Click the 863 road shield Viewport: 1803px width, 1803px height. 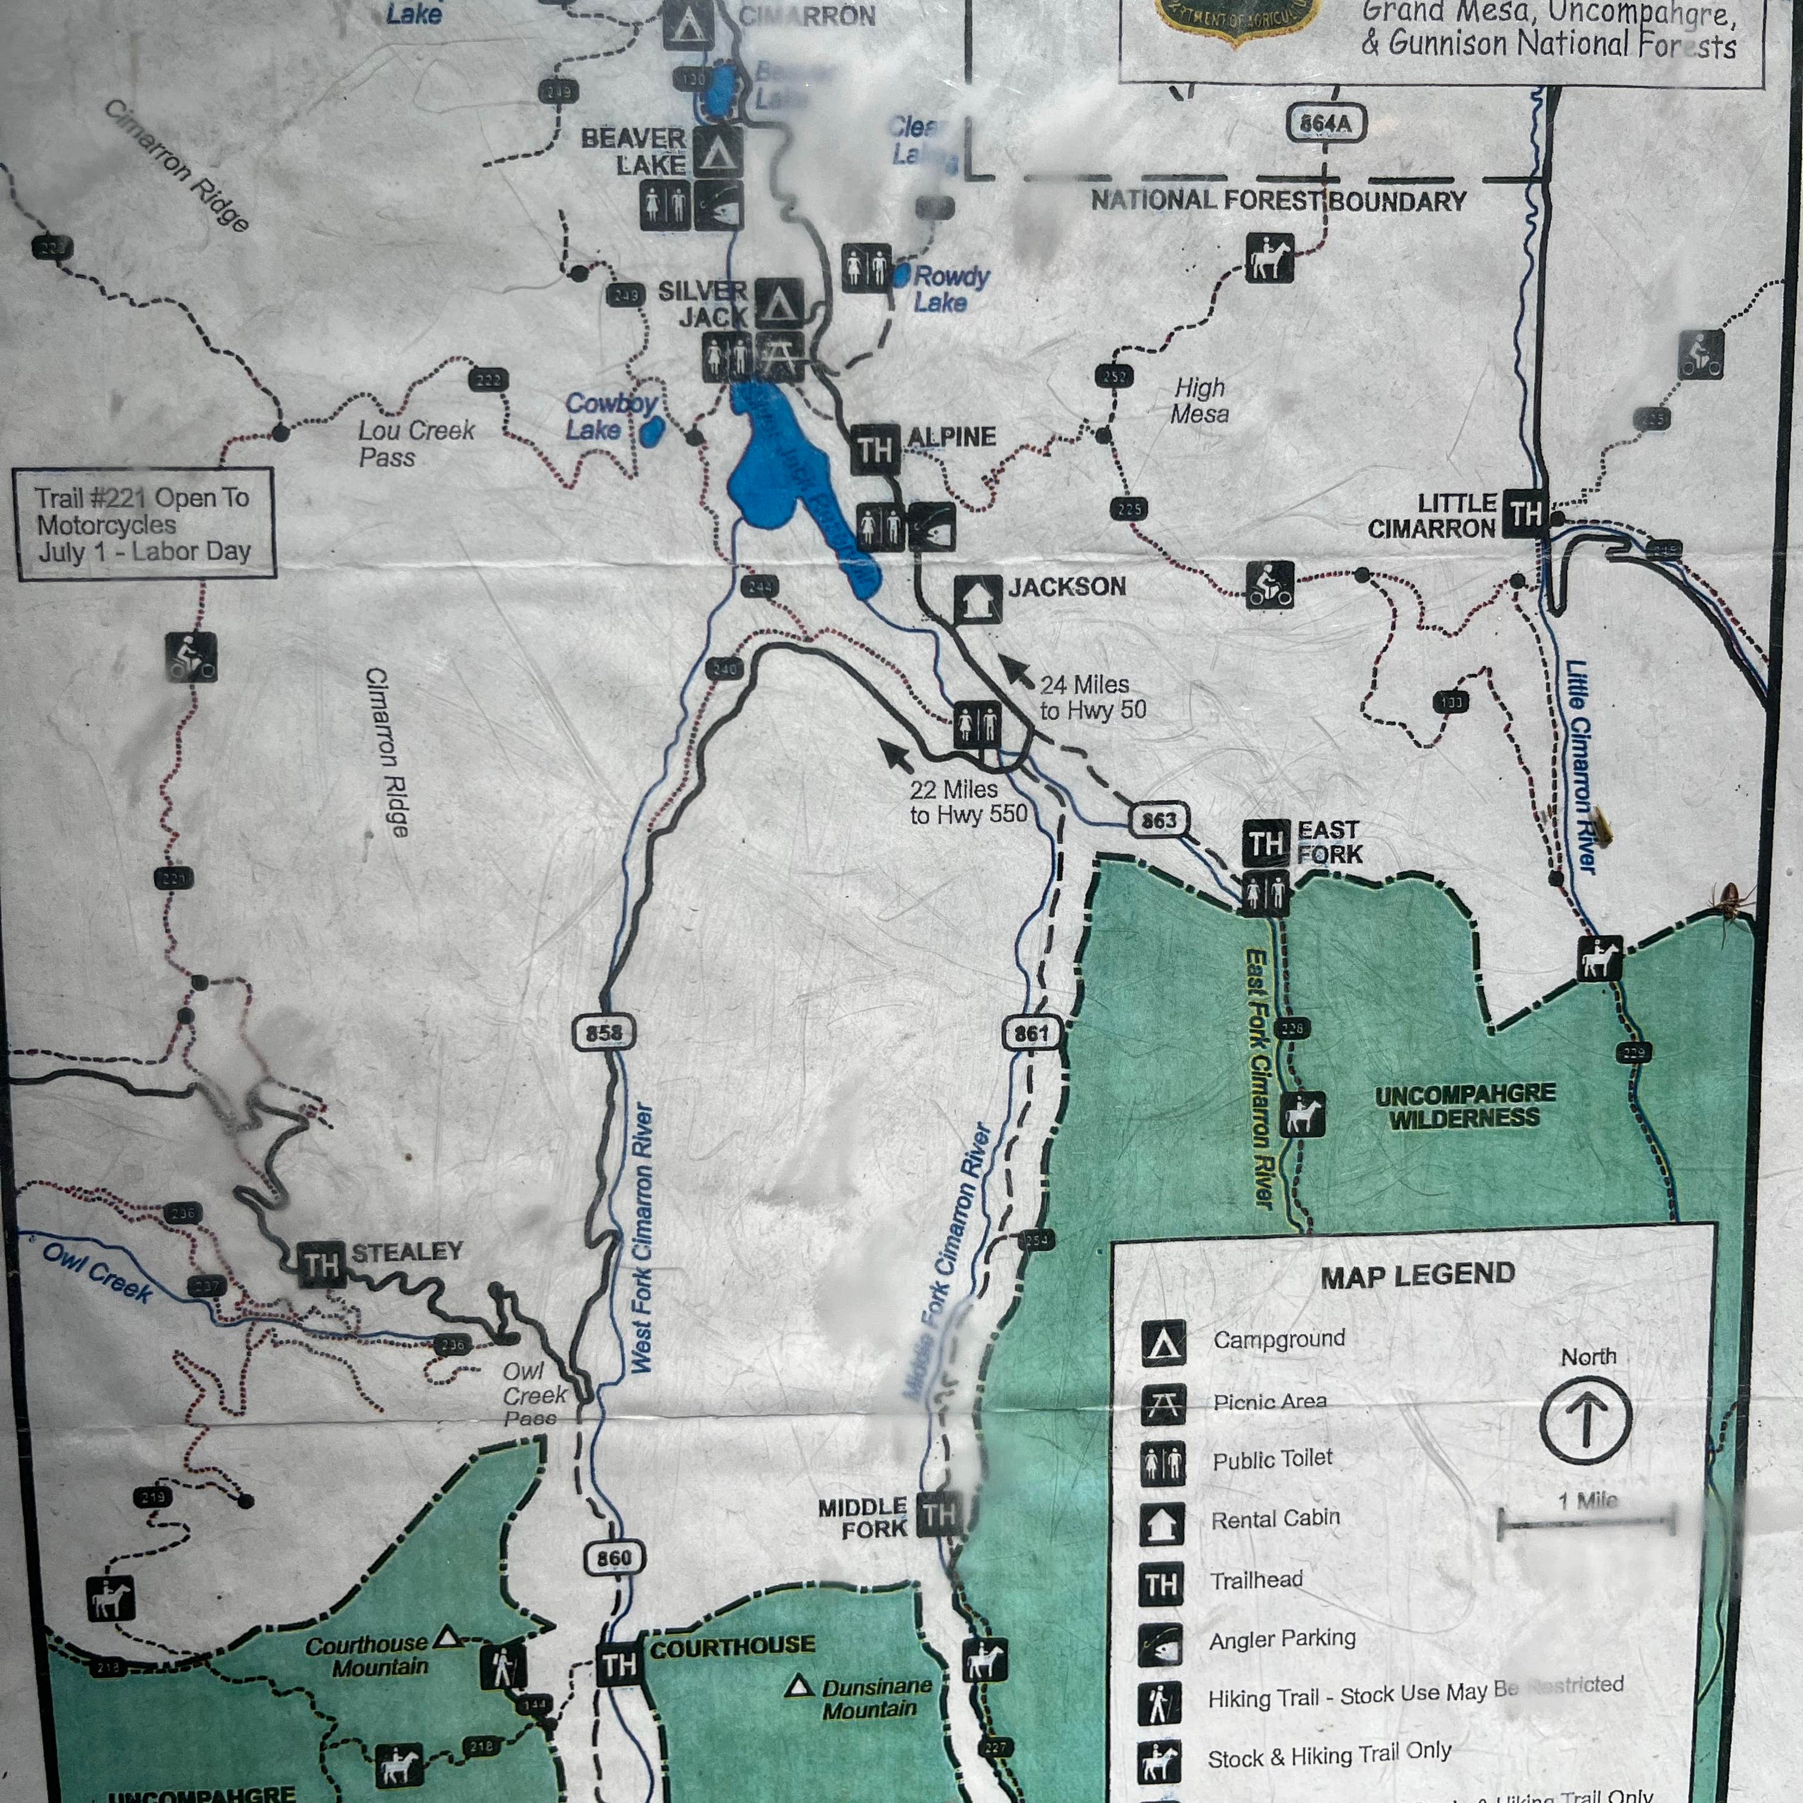tap(1159, 820)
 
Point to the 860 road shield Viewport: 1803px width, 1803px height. tap(614, 1557)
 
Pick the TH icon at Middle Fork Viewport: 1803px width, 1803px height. tap(939, 1514)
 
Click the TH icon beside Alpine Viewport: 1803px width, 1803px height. tap(875, 450)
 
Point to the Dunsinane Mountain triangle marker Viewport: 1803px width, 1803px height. tap(797, 1686)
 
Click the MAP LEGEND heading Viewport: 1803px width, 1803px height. tap(1417, 1275)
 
